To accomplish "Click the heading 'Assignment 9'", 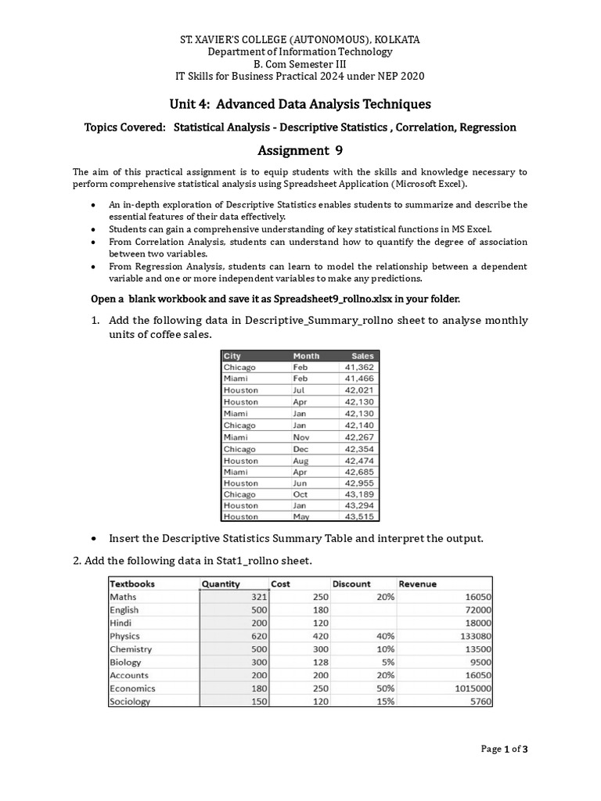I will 300,151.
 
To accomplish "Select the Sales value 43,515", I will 359,516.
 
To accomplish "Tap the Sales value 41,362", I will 359,367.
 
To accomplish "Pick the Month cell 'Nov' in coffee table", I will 301,437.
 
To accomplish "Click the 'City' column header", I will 232,356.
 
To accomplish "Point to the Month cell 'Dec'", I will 300,449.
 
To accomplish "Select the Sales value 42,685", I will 359,472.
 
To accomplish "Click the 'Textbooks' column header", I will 132,584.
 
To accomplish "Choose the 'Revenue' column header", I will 418,584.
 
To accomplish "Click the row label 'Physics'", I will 125,636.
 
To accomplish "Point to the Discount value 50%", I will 383,688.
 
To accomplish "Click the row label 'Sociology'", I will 129,702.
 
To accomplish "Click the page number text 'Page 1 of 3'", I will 505,749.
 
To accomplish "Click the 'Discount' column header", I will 352,584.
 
